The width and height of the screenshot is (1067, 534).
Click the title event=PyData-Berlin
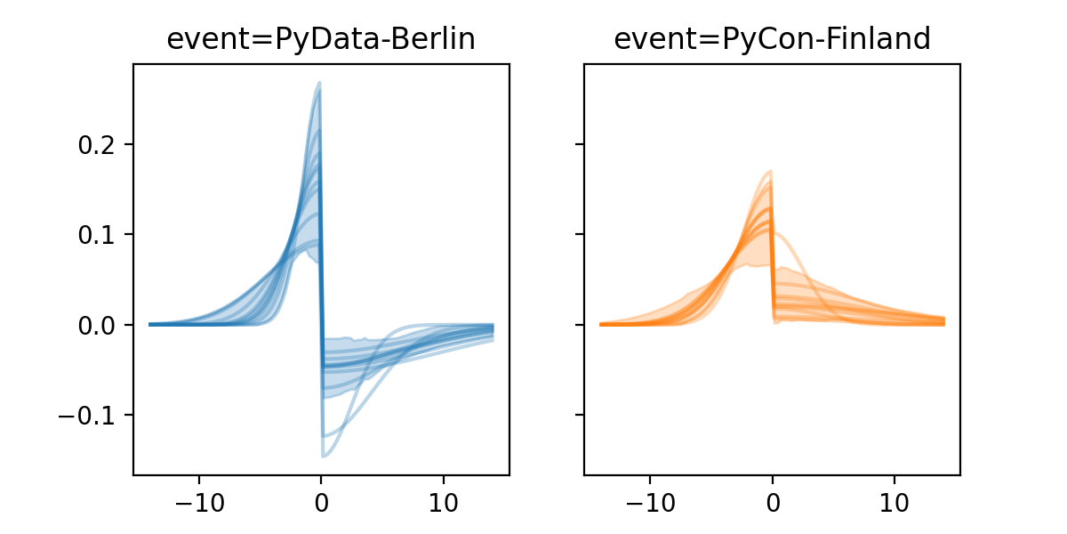pyautogui.click(x=321, y=39)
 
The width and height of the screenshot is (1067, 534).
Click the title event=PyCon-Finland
pyautogui.click(x=772, y=39)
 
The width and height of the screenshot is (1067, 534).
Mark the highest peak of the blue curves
pyautogui.click(x=319, y=84)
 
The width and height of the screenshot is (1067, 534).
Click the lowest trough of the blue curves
pyautogui.click(x=324, y=457)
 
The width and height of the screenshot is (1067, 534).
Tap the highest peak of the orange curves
pyautogui.click(x=771, y=172)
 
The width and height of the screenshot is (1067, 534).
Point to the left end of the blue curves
pyautogui.click(x=150, y=324)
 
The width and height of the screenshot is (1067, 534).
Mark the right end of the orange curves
pyautogui.click(x=943, y=320)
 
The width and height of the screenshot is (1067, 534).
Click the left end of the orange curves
pyautogui.click(x=601, y=324)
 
